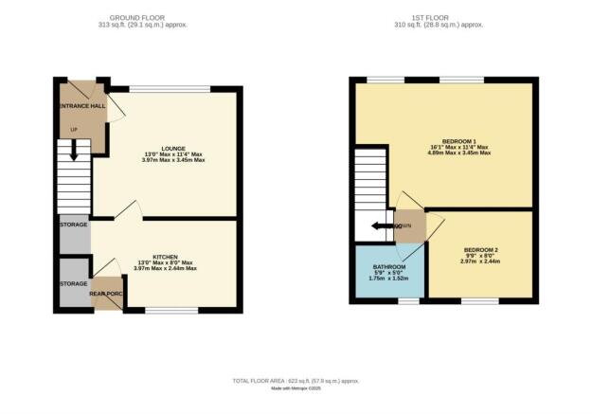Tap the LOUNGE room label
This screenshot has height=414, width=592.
pos(172,147)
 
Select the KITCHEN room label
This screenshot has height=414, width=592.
pos(166,256)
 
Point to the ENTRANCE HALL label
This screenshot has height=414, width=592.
pos(82,105)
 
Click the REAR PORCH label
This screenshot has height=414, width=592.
pos(108,293)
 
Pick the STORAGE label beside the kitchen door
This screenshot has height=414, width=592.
pos(73,225)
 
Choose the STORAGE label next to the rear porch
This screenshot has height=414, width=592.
pos(73,283)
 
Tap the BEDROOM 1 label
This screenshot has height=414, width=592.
pos(458,141)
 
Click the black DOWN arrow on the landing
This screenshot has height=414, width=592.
pos(381,225)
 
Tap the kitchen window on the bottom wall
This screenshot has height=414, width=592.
pos(172,310)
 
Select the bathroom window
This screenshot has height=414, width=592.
pos(408,300)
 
